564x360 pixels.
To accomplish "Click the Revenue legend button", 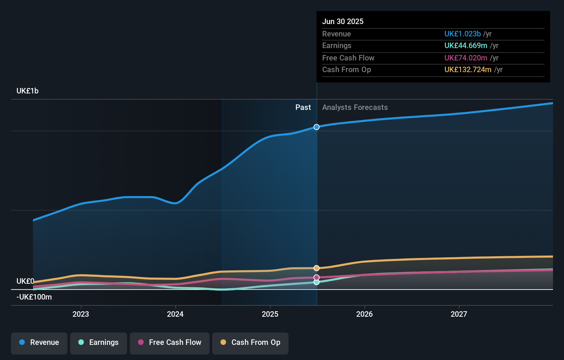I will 39,343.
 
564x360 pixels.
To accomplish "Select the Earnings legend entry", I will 99,343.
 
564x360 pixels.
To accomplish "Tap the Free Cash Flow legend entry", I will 170,343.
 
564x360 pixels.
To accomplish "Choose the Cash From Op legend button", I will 250,343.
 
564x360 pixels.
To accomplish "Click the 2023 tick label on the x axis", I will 81,314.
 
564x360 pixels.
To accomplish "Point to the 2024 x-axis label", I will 175,314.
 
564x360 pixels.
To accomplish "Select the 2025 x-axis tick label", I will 270,314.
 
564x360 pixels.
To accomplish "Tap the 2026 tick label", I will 364,314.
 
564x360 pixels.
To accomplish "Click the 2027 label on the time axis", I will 459,314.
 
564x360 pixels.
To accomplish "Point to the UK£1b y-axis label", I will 27,91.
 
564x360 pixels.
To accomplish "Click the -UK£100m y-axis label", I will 34,297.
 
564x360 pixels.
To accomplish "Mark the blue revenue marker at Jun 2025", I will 316,127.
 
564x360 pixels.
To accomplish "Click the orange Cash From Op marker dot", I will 316,268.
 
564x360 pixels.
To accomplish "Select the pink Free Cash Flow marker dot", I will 316,277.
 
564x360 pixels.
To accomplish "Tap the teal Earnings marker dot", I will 316,282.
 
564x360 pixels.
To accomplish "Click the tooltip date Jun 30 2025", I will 343,21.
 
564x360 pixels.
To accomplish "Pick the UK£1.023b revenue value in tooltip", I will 462,34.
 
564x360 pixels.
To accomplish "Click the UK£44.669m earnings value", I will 466,45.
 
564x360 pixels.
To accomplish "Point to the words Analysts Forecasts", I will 355,108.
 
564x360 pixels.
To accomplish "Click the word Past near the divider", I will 303,108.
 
